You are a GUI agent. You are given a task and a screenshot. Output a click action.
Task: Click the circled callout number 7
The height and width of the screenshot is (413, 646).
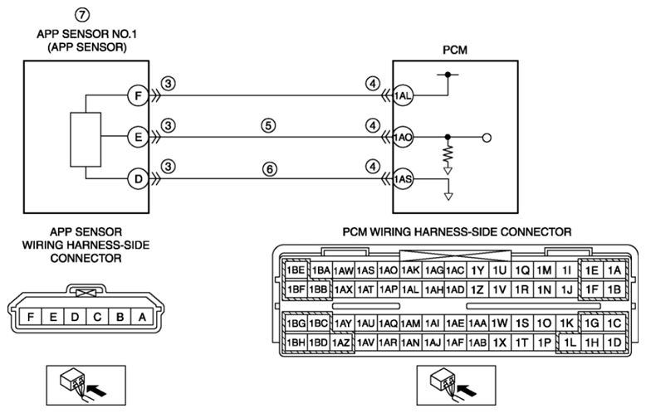pos(82,15)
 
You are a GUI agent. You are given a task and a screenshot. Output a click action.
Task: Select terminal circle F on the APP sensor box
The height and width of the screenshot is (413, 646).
pos(138,96)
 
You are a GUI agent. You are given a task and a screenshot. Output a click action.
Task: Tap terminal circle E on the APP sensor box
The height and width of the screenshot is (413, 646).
pos(138,137)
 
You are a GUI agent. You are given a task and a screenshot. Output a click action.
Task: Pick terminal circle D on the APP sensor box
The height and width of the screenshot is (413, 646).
pos(138,179)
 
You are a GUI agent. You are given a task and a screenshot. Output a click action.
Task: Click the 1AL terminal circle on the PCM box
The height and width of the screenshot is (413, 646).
pos(403,96)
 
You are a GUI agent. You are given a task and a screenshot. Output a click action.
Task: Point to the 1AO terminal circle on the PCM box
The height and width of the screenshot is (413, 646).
pos(403,138)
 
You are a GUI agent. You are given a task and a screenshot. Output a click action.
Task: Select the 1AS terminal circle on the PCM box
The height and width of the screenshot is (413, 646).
pos(403,179)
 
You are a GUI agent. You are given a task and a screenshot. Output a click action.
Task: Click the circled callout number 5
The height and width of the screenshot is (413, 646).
pos(268,125)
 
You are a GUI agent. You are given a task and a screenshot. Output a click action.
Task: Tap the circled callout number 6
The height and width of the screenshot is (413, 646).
pos(269,169)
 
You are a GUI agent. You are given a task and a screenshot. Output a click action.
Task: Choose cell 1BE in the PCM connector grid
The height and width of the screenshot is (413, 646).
pos(296,270)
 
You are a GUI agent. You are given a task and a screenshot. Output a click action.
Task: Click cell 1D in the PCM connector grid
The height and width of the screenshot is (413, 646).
pos(614,343)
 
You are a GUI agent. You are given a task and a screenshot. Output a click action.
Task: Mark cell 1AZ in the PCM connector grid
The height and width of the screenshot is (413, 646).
pos(340,343)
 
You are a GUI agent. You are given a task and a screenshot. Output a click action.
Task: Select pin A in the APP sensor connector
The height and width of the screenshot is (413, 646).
pos(142,317)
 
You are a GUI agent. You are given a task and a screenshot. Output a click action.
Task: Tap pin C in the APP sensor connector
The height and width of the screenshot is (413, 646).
pos(97,317)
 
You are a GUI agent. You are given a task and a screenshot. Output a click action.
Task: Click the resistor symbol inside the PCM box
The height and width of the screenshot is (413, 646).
pos(448,154)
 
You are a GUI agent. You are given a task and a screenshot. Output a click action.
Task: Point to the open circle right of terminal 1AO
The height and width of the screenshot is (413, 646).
pos(487,138)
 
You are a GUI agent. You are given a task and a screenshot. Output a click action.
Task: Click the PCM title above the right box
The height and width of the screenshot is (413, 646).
pos(455,51)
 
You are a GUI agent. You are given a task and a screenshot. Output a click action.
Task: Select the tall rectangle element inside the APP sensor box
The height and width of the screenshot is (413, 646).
pos(86,139)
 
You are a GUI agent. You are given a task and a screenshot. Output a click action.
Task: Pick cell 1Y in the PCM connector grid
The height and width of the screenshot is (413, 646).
pos(477,270)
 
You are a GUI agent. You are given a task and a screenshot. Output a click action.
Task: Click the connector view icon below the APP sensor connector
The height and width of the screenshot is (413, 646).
pos(86,385)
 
